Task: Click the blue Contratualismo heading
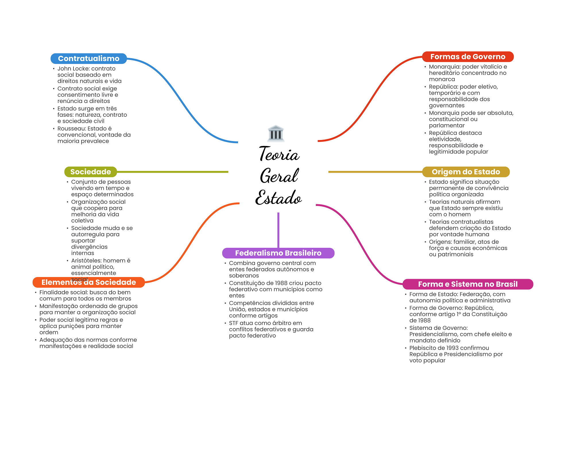pyautogui.click(x=89, y=59)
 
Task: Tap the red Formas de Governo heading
pyautogui.click(x=468, y=57)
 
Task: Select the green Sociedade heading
pyautogui.click(x=90, y=172)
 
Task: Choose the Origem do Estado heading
pyautogui.click(x=466, y=172)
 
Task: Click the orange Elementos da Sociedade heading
pyautogui.click(x=89, y=282)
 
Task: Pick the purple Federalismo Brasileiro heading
pyautogui.click(x=278, y=253)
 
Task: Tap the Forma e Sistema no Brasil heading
pyautogui.click(x=468, y=284)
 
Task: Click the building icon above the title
pyautogui.click(x=276, y=134)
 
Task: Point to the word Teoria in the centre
pyautogui.click(x=279, y=154)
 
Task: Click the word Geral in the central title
pyautogui.click(x=279, y=176)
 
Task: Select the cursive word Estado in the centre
pyautogui.click(x=278, y=197)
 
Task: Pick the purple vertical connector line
pyautogui.click(x=278, y=230)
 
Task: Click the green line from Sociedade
pyautogui.click(x=173, y=172)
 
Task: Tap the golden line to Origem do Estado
pyautogui.click(x=375, y=172)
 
